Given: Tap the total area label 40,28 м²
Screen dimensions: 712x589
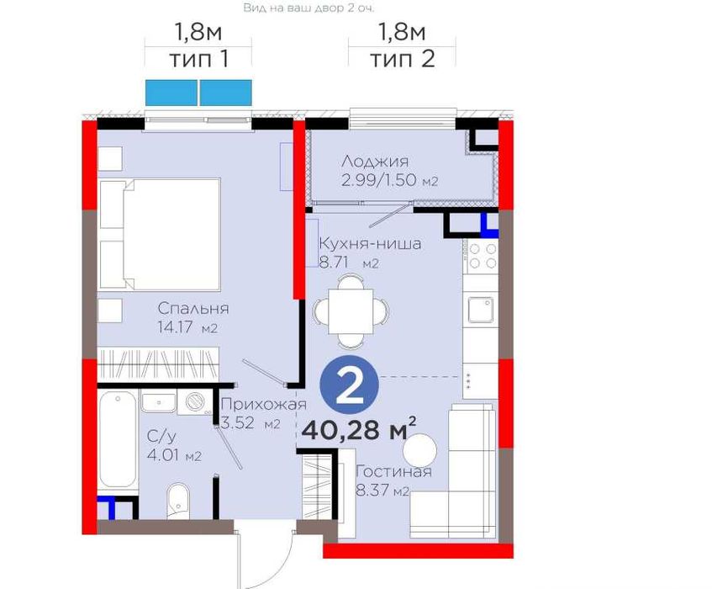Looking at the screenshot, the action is [x=359, y=429].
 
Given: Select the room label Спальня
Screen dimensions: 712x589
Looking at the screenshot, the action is [x=193, y=309].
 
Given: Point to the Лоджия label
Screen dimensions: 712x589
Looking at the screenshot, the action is [x=375, y=162].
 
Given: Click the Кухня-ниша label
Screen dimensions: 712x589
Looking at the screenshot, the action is [x=370, y=244].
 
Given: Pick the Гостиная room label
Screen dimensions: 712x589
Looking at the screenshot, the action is [x=393, y=471].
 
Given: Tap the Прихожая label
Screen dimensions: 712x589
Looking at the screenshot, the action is [x=264, y=404].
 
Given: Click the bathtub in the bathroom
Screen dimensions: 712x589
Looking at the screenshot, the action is [x=118, y=439].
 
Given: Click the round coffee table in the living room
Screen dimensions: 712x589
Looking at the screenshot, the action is [x=419, y=450].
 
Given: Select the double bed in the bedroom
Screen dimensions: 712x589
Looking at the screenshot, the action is [x=160, y=234].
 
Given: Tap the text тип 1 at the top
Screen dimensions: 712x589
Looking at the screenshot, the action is [x=198, y=60].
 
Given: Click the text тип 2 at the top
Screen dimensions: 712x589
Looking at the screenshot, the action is [x=403, y=60].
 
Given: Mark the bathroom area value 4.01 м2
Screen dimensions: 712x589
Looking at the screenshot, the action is [x=174, y=455].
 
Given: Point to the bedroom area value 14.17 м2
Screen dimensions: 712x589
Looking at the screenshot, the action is [x=187, y=327].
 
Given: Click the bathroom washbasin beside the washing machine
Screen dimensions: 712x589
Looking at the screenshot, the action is [x=158, y=402].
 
